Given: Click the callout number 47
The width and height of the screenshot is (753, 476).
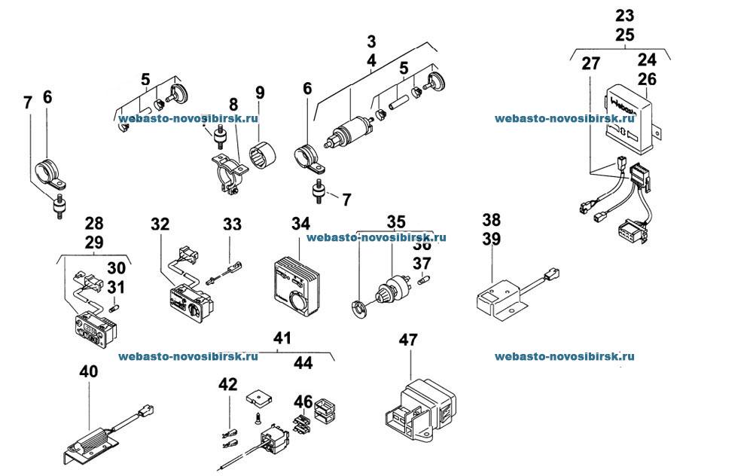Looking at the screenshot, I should point(408,340).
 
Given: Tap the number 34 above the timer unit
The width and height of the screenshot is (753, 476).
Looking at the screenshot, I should point(300,224).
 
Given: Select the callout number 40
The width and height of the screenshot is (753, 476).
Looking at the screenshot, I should point(88,371).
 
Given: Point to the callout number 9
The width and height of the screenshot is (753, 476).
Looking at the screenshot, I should point(260,94).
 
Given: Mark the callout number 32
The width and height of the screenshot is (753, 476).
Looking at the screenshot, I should point(160,224).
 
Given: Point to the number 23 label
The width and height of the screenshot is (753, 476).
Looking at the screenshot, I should point(624,15).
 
